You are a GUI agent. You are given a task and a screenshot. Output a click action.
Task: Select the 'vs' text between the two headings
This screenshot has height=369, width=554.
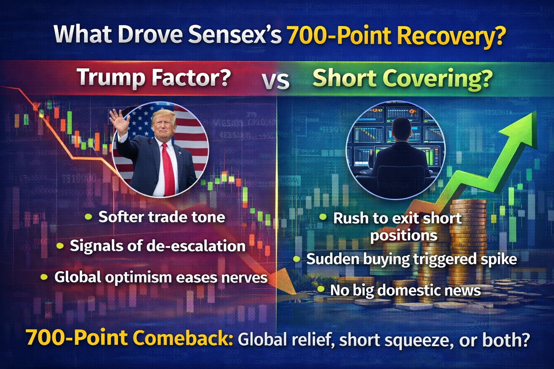276,81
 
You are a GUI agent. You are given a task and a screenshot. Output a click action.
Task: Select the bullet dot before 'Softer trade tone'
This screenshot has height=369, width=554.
88,217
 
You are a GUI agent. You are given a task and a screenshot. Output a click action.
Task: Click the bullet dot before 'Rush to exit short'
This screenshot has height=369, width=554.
322,217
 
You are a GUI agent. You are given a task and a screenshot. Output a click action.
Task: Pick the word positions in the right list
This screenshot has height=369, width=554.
404,236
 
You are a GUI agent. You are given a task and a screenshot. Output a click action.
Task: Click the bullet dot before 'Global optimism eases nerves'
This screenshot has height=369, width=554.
44,277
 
